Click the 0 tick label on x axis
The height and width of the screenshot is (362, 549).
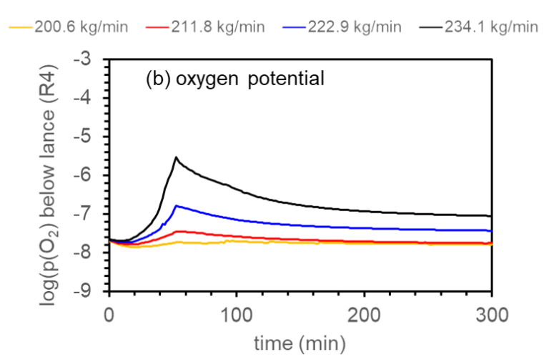pos(109,313)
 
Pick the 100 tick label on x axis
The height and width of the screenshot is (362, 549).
pos(236,313)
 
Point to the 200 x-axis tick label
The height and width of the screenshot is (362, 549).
pos(364,313)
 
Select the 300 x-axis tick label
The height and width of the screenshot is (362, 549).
pos(492,313)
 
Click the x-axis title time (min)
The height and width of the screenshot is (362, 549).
pos(300,344)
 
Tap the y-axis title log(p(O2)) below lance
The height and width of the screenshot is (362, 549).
pos(53,175)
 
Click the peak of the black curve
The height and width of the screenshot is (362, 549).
pos(176,157)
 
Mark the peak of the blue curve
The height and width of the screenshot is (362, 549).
pos(176,205)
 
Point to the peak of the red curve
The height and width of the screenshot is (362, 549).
pos(179,230)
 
